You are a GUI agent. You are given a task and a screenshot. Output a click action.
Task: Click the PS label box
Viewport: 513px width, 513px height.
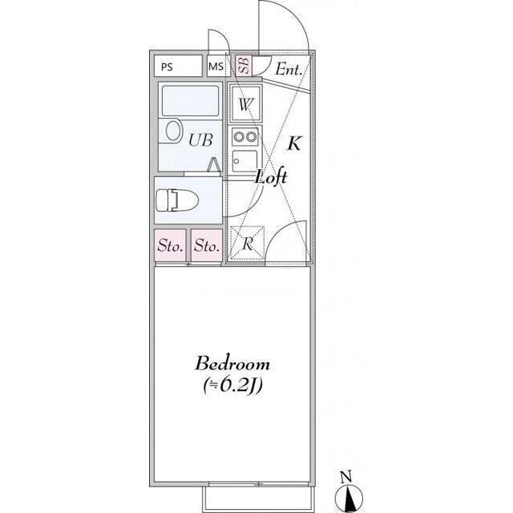pyautogui.click(x=178, y=66)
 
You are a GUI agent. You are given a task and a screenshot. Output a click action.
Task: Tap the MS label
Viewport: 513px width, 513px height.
pyautogui.click(x=216, y=67)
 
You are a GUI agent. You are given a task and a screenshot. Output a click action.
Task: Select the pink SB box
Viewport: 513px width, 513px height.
pyautogui.click(x=244, y=66)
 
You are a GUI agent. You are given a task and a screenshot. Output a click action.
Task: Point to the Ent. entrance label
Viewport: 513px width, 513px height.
pyautogui.click(x=289, y=70)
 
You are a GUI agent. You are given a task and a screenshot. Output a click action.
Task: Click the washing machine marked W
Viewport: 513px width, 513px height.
pyautogui.click(x=246, y=103)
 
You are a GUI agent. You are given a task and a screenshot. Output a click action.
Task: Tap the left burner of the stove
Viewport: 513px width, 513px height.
pyautogui.click(x=239, y=136)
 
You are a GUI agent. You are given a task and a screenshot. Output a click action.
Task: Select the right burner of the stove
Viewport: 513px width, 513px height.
pyautogui.click(x=251, y=136)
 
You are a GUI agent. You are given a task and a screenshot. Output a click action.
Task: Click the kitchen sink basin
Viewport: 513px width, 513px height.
pyautogui.click(x=245, y=161)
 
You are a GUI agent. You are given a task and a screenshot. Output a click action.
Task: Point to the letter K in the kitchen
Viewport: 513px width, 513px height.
pyautogui.click(x=294, y=143)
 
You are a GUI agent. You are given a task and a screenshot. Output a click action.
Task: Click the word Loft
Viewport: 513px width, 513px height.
pyautogui.click(x=271, y=176)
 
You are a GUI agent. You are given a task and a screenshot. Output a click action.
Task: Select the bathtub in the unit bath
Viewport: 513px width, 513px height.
pyautogui.click(x=190, y=101)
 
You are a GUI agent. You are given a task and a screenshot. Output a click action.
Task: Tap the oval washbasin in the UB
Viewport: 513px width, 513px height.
pyautogui.click(x=173, y=131)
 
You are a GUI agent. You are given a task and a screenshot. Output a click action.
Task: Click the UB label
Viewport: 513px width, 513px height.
pyautogui.click(x=200, y=140)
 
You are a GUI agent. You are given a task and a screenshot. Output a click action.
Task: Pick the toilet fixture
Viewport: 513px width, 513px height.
pyautogui.click(x=177, y=200)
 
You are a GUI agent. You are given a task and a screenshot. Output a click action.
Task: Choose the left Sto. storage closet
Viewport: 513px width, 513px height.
pyautogui.click(x=170, y=245)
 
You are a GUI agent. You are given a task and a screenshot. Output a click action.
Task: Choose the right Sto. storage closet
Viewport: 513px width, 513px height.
pyautogui.click(x=207, y=245)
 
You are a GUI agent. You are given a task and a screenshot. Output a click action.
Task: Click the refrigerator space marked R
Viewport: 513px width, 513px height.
pyautogui.click(x=248, y=243)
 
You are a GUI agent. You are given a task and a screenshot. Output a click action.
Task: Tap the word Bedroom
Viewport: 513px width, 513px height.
pyautogui.click(x=232, y=363)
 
